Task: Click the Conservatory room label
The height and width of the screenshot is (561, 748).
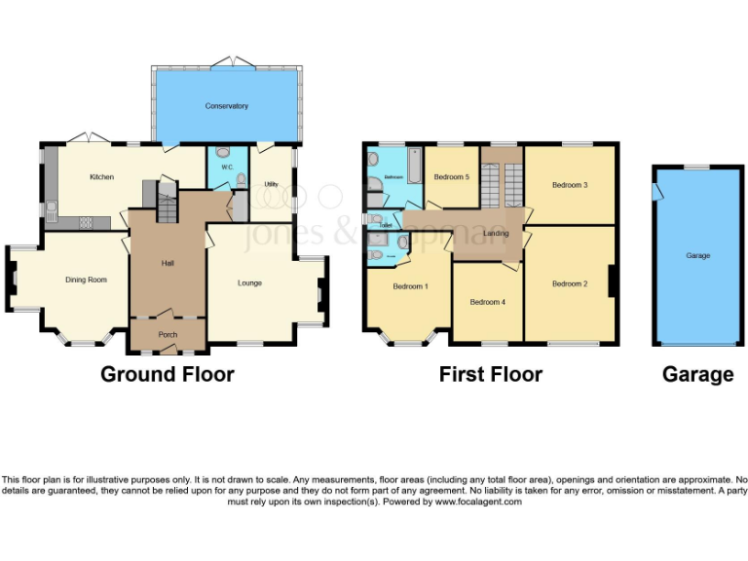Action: (x=226, y=106)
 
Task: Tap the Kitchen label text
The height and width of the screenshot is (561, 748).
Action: (x=102, y=177)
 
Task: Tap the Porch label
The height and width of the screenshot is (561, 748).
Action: (x=168, y=335)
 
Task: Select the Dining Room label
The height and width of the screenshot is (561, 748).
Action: (x=86, y=280)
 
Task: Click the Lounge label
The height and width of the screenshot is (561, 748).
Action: (x=249, y=283)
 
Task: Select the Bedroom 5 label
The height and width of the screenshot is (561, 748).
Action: (x=451, y=177)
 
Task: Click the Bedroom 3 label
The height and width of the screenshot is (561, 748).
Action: (x=570, y=184)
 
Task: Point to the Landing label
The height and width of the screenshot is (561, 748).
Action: (x=496, y=233)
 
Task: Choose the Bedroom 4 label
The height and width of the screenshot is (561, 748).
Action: (x=487, y=302)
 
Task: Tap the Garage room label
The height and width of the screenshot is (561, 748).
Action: (x=697, y=255)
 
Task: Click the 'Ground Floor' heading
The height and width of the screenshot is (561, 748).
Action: (x=168, y=374)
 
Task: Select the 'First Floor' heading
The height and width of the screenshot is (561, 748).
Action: (x=490, y=374)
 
